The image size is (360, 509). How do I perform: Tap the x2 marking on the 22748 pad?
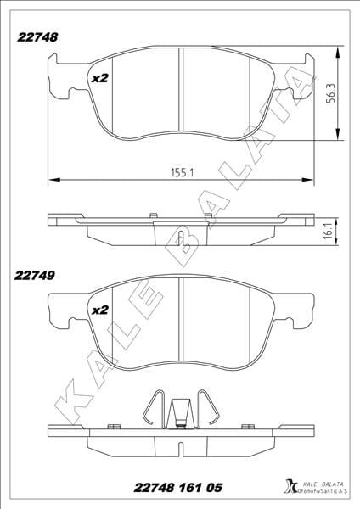pos(100,78)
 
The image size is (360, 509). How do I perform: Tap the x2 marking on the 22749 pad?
pos(100,310)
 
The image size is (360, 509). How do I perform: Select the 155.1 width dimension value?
pos(180,171)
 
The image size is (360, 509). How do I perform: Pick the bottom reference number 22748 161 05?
pos(181,486)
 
